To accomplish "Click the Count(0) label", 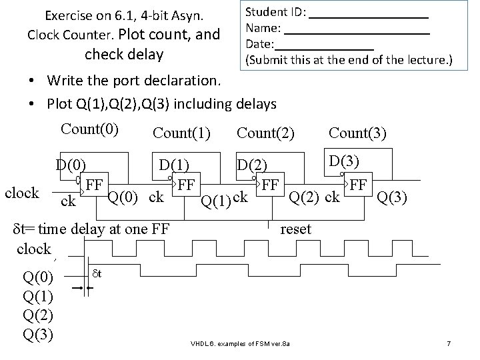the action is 89,129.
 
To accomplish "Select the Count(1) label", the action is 181,133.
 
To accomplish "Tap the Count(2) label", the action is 265,132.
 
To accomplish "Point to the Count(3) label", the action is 357,132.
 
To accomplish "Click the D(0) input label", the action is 71,163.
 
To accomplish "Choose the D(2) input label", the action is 253,165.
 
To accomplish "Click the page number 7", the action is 449,343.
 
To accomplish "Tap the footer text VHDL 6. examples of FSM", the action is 241,343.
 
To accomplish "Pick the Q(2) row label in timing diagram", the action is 38,314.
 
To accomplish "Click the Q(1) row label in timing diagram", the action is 38,295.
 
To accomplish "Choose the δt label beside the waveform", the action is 97,273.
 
